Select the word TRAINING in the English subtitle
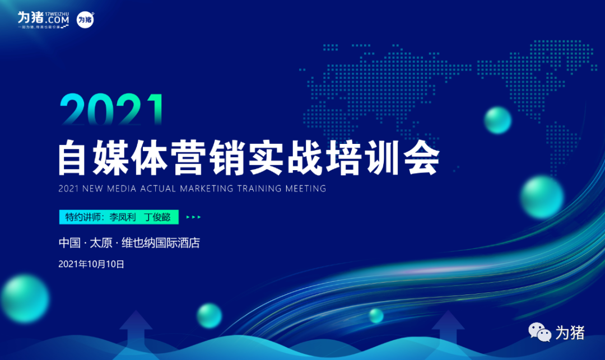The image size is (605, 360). click(256, 189)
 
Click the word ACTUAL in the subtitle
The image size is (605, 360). click(159, 189)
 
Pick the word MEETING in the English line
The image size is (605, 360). click(305, 189)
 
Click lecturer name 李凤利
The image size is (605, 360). click(122, 217)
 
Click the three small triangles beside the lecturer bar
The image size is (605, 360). click(193, 217)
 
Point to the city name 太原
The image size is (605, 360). click(101, 243)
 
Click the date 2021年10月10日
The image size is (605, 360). click(91, 264)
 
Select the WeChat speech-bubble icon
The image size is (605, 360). click(541, 333)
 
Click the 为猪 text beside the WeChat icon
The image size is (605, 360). click(570, 333)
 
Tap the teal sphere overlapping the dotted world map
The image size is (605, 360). click(497, 120)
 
